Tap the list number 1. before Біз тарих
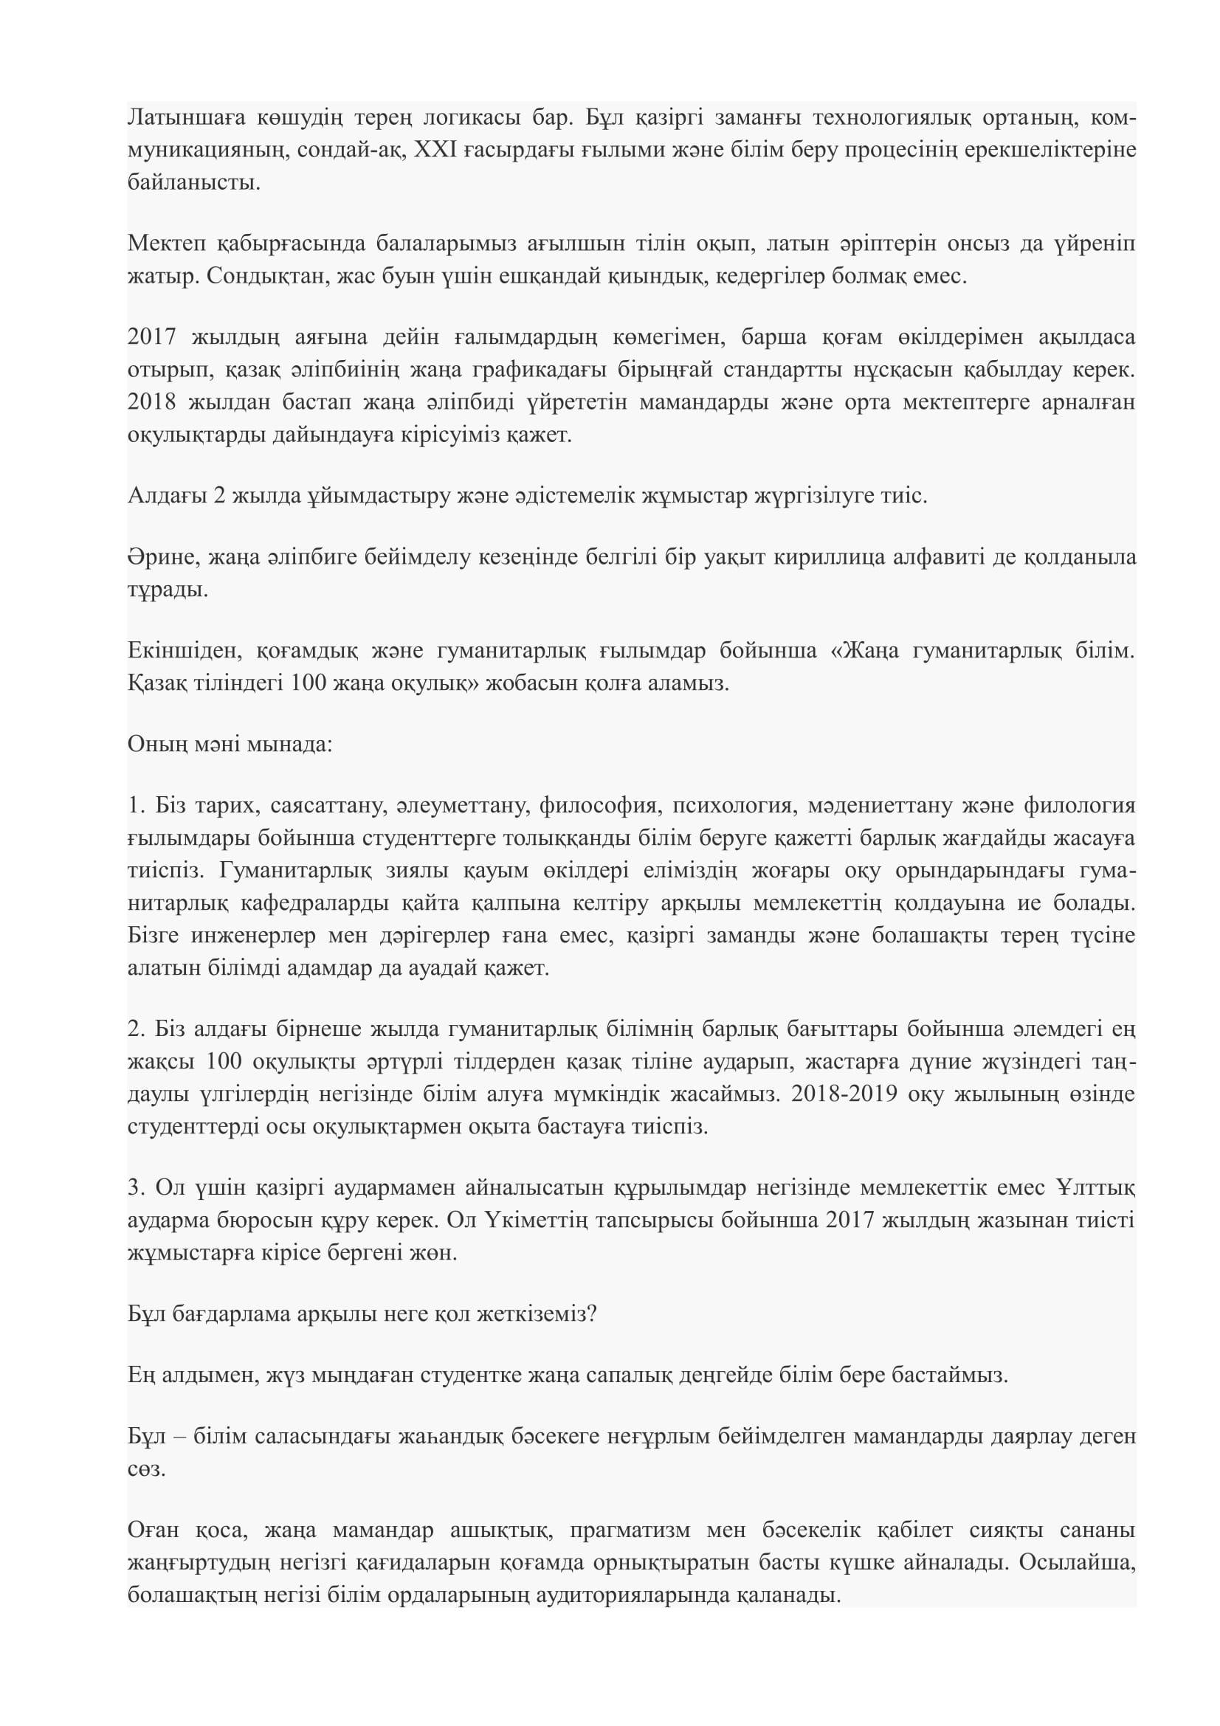(x=135, y=807)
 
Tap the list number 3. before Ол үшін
(x=135, y=1188)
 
